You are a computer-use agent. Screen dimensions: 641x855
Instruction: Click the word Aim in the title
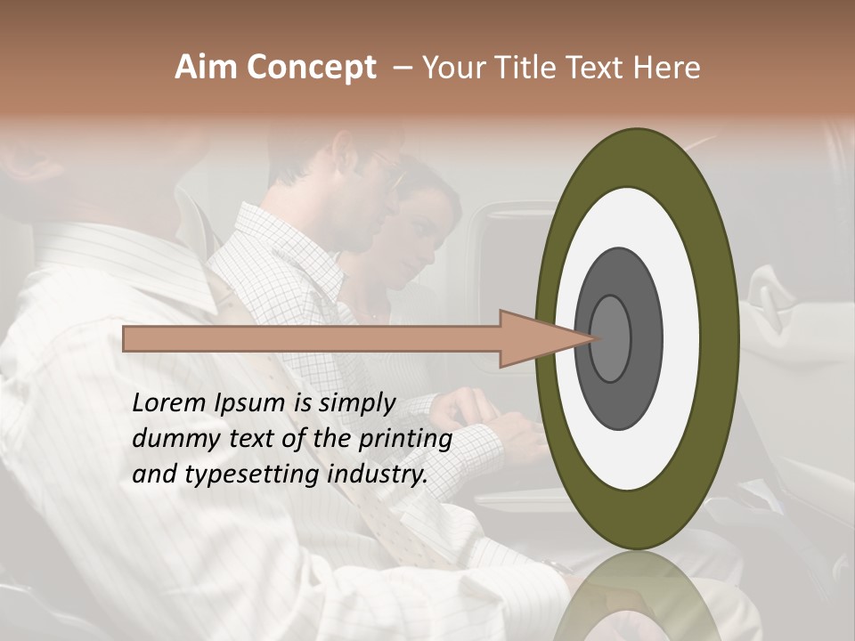click(x=207, y=68)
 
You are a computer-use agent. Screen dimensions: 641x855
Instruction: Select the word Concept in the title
click(x=311, y=68)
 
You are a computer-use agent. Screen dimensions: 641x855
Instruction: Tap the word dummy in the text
click(x=169, y=439)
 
